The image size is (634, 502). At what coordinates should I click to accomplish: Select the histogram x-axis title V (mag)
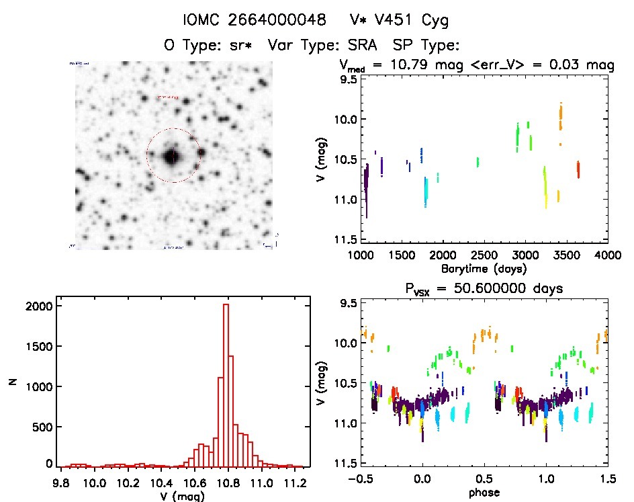(x=181, y=497)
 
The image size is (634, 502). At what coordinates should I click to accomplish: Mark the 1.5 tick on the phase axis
(x=607, y=479)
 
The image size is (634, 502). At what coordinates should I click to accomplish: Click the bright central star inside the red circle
(x=172, y=156)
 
